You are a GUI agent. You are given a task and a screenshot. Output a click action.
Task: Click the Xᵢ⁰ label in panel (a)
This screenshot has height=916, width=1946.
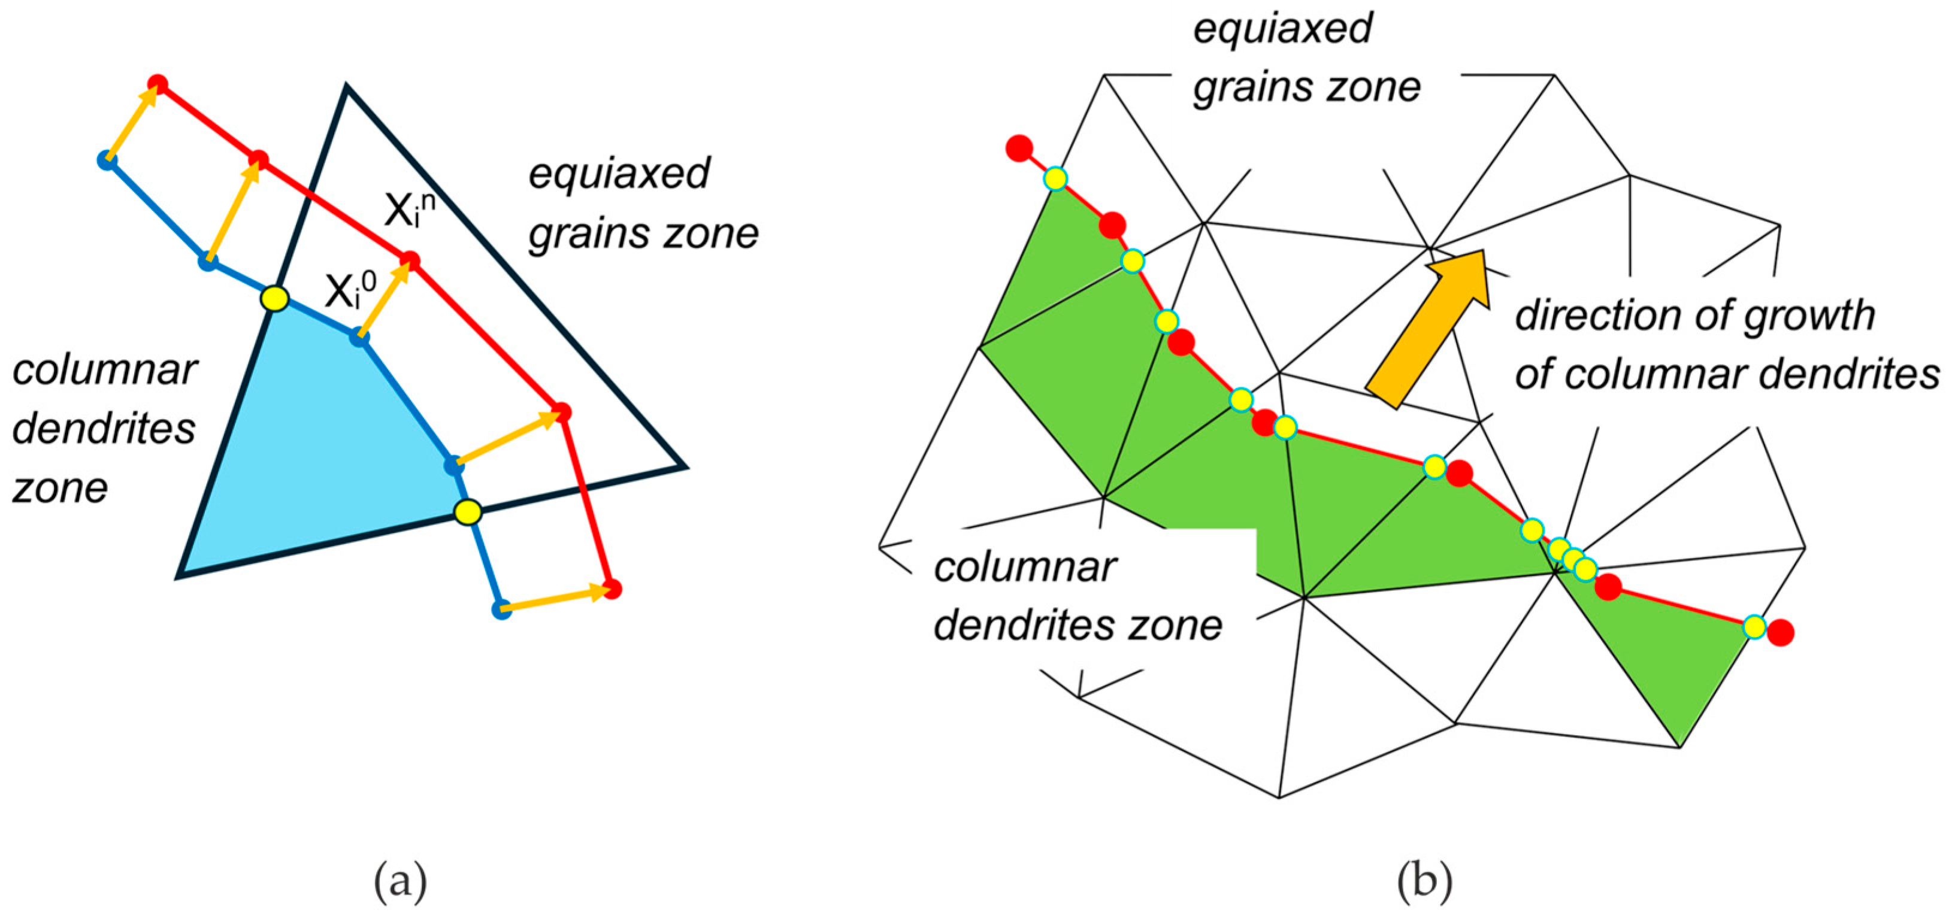pyautogui.click(x=350, y=290)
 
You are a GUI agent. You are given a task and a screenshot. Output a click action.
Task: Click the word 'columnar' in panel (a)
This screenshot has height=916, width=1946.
pyautogui.click(x=104, y=371)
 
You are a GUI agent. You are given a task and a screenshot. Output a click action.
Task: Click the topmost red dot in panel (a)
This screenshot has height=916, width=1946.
pyautogui.click(x=157, y=83)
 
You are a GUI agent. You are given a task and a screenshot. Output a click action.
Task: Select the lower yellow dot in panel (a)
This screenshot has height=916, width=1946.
pyautogui.click(x=468, y=512)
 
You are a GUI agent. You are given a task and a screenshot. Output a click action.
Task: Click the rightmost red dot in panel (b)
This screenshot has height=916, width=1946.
pyautogui.click(x=1781, y=632)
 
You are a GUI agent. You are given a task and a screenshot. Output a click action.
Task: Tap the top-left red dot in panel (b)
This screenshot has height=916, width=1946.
pyautogui.click(x=1019, y=148)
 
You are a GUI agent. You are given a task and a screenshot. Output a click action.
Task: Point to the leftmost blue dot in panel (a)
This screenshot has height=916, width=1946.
pyautogui.click(x=107, y=160)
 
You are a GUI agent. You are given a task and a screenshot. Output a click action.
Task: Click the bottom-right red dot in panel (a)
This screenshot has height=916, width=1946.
pyautogui.click(x=613, y=589)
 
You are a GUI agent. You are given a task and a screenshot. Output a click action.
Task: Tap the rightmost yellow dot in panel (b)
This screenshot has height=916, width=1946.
pyautogui.click(x=1754, y=626)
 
